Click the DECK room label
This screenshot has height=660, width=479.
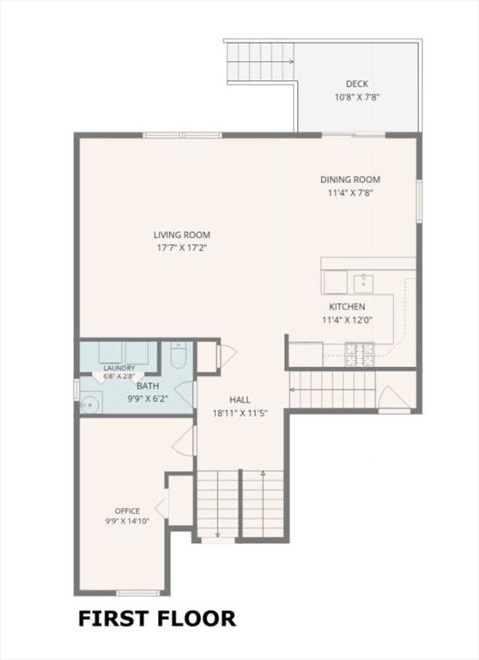[356, 83]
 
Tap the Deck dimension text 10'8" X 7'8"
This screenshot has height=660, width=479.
[357, 97]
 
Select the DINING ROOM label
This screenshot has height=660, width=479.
[350, 180]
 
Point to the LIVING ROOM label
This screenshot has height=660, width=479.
[182, 235]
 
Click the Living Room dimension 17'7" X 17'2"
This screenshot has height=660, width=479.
[182, 247]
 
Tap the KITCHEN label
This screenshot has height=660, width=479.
[347, 307]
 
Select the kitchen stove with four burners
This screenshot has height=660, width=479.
[360, 353]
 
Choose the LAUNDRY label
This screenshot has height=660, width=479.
[119, 369]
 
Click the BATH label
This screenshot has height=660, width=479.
[148, 386]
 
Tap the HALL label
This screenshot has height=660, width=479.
[240, 400]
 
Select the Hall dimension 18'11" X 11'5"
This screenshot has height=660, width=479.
[240, 413]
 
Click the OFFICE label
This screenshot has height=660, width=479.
[127, 511]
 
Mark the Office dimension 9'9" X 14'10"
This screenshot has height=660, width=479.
[127, 521]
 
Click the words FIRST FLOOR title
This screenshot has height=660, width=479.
[157, 619]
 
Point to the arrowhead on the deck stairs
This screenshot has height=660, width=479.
[291, 62]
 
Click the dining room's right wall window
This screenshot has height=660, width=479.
[419, 201]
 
